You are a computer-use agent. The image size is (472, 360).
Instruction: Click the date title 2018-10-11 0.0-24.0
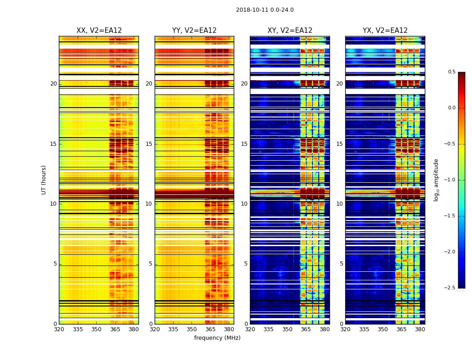pyautogui.click(x=265, y=10)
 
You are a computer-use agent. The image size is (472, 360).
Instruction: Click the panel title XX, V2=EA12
pyautogui.click(x=99, y=31)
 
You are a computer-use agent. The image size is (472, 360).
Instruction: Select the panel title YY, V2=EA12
pyautogui.click(x=194, y=31)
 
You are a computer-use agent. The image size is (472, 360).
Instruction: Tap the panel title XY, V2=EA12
pyautogui.click(x=290, y=31)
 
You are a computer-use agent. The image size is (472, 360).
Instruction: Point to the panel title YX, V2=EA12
pyautogui.click(x=385, y=31)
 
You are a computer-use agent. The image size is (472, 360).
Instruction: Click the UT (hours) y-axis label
pyautogui.click(x=44, y=180)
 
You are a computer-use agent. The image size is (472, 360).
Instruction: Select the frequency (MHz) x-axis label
pyautogui.click(x=217, y=338)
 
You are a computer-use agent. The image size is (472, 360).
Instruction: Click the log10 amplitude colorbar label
pyautogui.click(x=436, y=180)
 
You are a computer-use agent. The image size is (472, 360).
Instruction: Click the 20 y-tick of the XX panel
pyautogui.click(x=53, y=84)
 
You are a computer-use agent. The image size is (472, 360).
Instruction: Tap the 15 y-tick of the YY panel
pyautogui.click(x=149, y=144)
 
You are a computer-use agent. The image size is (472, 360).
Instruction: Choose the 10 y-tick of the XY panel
pyautogui.click(x=244, y=204)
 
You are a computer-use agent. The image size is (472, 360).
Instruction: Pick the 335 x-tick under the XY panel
pyautogui.click(x=269, y=329)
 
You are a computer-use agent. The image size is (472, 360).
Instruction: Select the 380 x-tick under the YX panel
pyautogui.click(x=420, y=329)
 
